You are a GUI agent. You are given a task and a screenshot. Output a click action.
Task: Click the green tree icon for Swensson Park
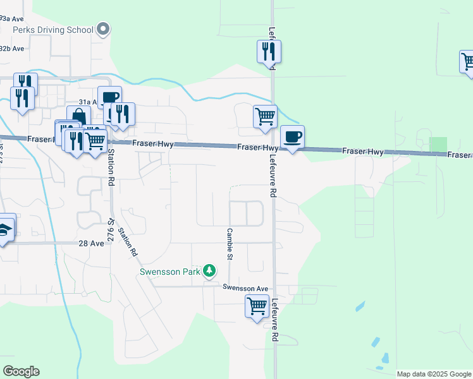[210, 272]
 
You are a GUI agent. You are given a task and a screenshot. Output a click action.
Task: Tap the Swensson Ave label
[245, 288]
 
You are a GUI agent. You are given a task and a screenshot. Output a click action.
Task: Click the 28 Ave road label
[91, 243]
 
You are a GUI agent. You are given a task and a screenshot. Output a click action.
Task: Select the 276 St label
[111, 225]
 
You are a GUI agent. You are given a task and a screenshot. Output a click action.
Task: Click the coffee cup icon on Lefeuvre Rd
[292, 136]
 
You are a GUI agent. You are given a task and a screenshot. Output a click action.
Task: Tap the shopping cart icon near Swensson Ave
[257, 306]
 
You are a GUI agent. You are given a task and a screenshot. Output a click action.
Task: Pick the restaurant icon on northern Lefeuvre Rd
[269, 51]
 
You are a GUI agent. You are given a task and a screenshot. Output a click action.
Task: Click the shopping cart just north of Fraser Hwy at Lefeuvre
[265, 116]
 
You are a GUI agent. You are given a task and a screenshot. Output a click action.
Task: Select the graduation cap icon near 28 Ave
[4, 228]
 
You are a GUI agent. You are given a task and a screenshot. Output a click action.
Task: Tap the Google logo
[21, 371]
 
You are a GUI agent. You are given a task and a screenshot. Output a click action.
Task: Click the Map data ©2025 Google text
[434, 374]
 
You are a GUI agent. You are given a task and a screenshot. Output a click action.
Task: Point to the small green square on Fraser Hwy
[438, 145]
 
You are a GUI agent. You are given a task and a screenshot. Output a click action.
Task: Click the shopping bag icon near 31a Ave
[78, 117]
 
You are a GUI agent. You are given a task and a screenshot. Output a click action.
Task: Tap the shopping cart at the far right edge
[467, 61]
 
